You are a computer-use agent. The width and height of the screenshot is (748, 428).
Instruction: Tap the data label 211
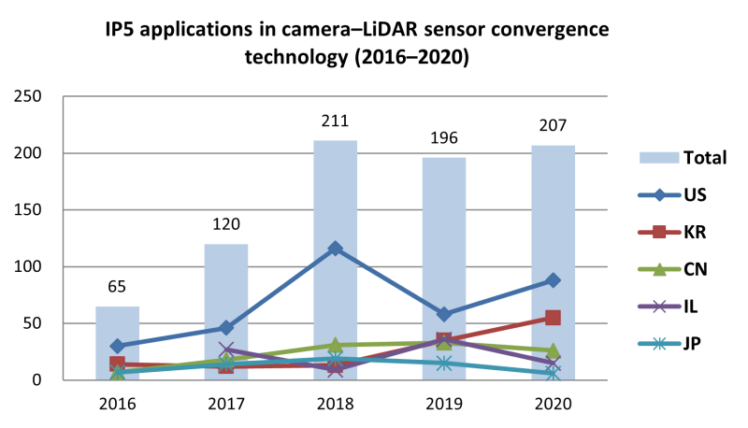click(335, 121)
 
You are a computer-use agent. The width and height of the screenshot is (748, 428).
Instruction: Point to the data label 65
click(117, 287)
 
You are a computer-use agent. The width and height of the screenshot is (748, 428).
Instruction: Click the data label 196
click(444, 137)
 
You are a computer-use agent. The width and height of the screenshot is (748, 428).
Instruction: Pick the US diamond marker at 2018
click(335, 249)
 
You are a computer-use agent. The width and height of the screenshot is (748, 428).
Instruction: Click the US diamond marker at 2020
click(553, 280)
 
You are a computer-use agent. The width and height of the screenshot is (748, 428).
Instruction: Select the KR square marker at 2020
click(553, 318)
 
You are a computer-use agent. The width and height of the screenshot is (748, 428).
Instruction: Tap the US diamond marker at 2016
click(117, 346)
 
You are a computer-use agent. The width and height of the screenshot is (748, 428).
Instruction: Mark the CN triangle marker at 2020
click(553, 350)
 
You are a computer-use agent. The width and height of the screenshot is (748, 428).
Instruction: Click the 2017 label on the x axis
click(225, 404)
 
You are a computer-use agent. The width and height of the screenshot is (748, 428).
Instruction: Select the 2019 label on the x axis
click(444, 404)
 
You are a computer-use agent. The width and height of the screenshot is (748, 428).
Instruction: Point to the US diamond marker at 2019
click(444, 314)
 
